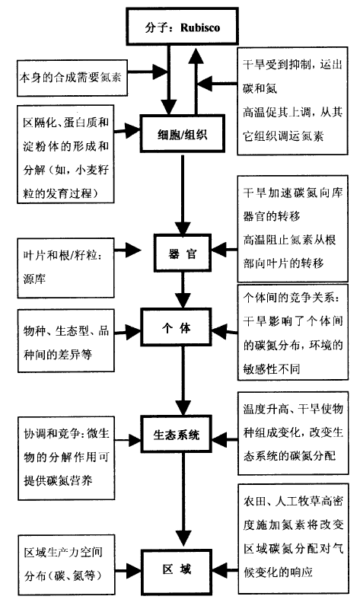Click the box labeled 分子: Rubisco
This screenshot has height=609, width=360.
pyautogui.click(x=182, y=26)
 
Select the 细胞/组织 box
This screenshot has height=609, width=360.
pyautogui.click(x=182, y=134)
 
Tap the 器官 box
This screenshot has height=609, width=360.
pyautogui.click(x=183, y=253)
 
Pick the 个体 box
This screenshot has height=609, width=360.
pyautogui.click(x=177, y=327)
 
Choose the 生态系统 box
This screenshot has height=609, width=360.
pyautogui.click(x=177, y=434)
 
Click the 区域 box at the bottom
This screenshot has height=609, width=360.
pyautogui.click(x=177, y=569)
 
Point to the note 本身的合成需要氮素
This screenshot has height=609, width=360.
pyautogui.click(x=72, y=78)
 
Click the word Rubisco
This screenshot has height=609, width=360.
pyautogui.click(x=200, y=27)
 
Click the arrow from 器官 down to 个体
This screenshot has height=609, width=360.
pyautogui.click(x=183, y=290)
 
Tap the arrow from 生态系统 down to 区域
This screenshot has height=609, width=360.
pyautogui.click(x=183, y=501)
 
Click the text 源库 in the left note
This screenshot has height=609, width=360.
pyautogui.click(x=34, y=279)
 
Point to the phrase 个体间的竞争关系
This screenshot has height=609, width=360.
pyautogui.click(x=291, y=298)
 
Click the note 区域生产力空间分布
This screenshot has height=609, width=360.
pyautogui.click(x=66, y=564)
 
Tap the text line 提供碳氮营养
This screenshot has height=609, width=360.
pyautogui.click(x=59, y=480)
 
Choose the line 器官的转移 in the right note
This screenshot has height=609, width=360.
pyautogui.click(x=272, y=216)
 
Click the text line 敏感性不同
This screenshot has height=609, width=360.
pyautogui.click(x=272, y=368)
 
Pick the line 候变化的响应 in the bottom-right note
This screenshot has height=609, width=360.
pyautogui.click(x=278, y=572)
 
